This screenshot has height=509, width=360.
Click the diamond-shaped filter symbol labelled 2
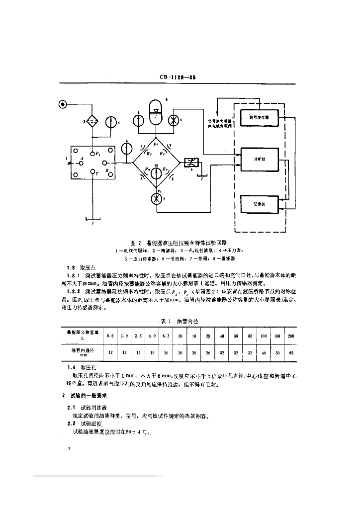91,121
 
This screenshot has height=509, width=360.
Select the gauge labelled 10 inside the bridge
157,170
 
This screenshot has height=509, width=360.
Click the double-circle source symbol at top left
63,104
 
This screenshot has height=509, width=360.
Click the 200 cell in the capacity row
291,336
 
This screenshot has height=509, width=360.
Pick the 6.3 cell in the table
166,336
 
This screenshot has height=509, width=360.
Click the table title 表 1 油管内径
180,321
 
